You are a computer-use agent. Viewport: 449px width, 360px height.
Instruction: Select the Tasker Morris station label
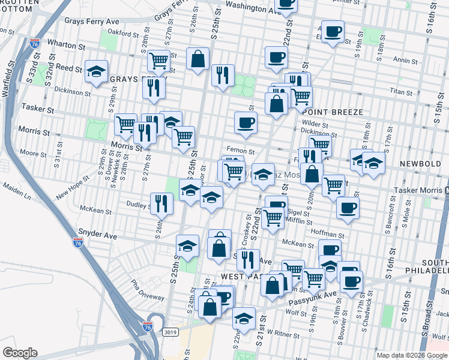418,190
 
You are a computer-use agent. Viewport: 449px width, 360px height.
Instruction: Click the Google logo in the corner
20,353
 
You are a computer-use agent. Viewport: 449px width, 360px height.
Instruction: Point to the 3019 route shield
170,331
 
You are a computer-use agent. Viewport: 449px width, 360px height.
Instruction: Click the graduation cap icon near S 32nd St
96,71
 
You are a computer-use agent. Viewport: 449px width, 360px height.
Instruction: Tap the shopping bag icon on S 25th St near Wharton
197,59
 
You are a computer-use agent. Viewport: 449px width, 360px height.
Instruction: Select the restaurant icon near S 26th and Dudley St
161,203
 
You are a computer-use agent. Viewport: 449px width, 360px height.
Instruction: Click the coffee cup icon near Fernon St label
246,123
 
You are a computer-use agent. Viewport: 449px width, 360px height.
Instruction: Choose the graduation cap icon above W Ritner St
244,318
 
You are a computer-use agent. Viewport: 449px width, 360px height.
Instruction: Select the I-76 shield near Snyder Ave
77,242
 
